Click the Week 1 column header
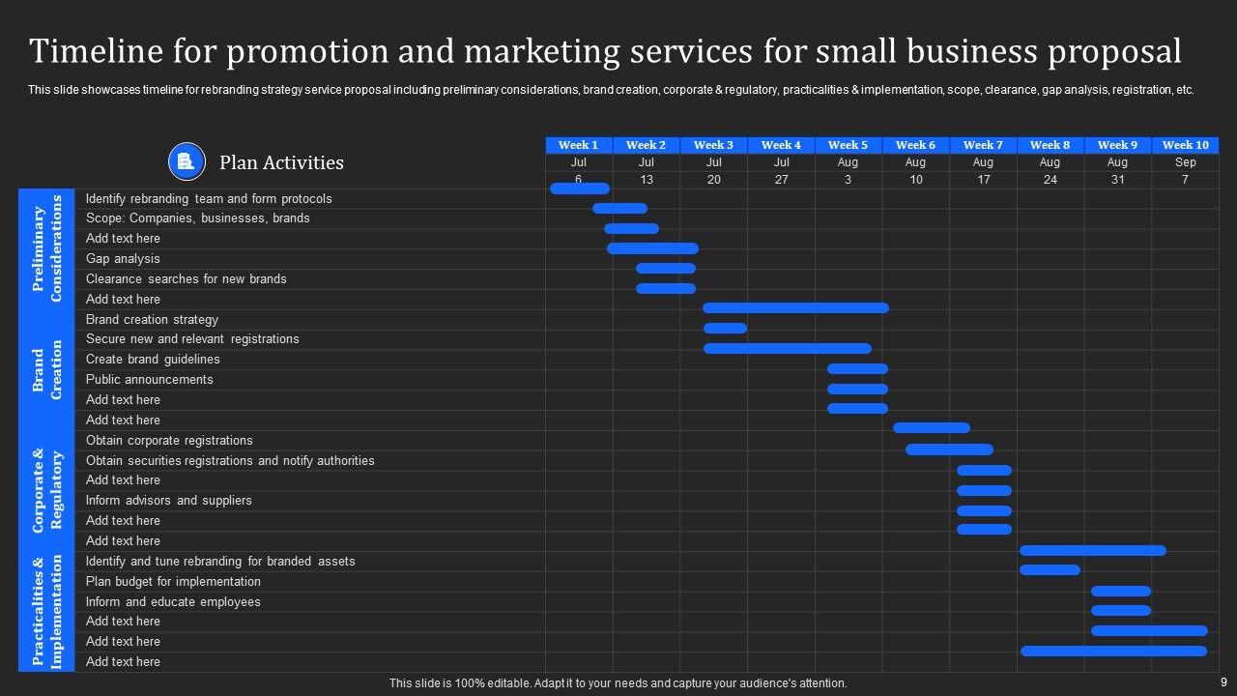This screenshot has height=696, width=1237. click(x=579, y=145)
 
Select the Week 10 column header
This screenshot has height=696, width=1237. click(x=1185, y=145)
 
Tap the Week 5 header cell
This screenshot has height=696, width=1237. click(x=848, y=145)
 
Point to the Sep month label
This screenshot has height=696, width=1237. click(x=1185, y=162)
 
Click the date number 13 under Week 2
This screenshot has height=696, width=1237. click(x=646, y=180)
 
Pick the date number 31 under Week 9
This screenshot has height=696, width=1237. click(x=1117, y=180)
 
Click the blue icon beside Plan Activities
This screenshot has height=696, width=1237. click(x=187, y=161)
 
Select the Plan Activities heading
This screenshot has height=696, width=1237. click(x=281, y=162)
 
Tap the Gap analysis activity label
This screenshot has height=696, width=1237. click(x=123, y=258)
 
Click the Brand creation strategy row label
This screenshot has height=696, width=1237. click(x=152, y=319)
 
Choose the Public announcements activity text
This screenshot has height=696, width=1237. click(x=149, y=379)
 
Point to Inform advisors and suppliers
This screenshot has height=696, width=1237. click(x=168, y=500)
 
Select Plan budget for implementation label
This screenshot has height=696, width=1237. click(x=173, y=581)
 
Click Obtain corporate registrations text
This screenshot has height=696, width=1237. click(x=169, y=440)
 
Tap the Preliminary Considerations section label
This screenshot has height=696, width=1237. click(x=46, y=248)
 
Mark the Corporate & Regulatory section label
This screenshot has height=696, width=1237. click(x=46, y=490)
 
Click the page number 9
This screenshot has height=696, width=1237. click(x=1223, y=682)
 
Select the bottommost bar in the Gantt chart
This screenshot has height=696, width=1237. click(x=1113, y=652)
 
